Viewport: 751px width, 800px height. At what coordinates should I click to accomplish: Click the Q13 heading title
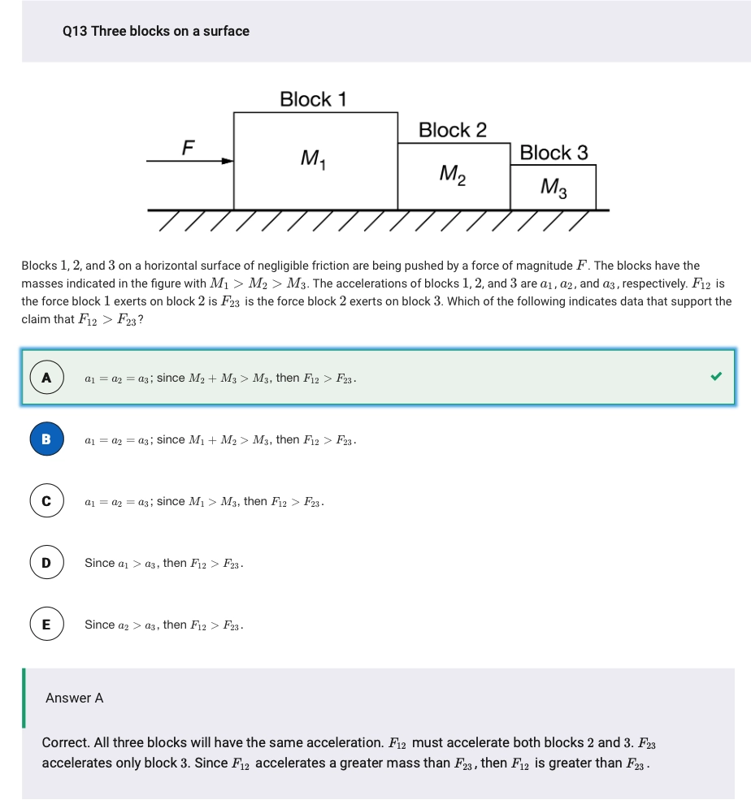(155, 31)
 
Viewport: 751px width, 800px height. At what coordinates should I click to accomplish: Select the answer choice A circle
(46, 378)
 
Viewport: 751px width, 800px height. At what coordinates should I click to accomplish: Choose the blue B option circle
(46, 439)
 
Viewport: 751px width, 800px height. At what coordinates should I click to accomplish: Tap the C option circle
(46, 501)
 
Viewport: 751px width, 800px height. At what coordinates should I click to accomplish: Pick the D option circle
(46, 563)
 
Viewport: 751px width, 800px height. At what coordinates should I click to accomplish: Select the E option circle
(46, 625)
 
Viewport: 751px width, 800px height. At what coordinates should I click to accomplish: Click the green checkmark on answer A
(715, 377)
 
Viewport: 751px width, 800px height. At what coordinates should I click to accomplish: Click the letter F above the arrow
(189, 147)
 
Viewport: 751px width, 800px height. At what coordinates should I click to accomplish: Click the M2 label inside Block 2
(452, 174)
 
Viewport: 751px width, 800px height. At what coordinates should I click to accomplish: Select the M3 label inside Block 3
(553, 188)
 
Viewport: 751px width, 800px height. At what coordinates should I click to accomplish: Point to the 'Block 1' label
(313, 100)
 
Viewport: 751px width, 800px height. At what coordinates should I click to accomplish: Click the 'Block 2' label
(453, 130)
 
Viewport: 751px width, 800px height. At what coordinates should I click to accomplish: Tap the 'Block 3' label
(553, 153)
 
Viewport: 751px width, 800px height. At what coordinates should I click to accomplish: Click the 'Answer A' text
(75, 698)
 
